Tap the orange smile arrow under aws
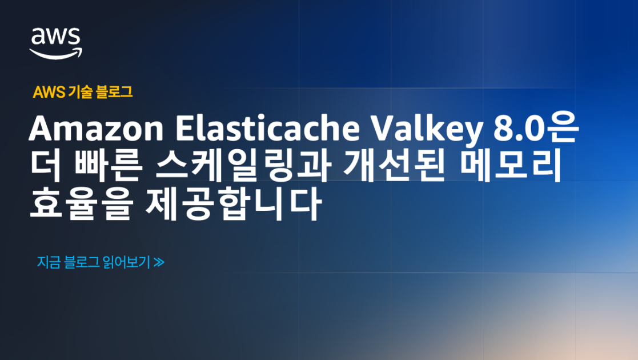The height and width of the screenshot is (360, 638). point(56,53)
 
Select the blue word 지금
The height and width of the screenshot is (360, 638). point(48,262)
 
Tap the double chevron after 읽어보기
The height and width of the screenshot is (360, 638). point(159,263)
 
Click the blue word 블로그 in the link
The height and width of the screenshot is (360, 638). point(82,262)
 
